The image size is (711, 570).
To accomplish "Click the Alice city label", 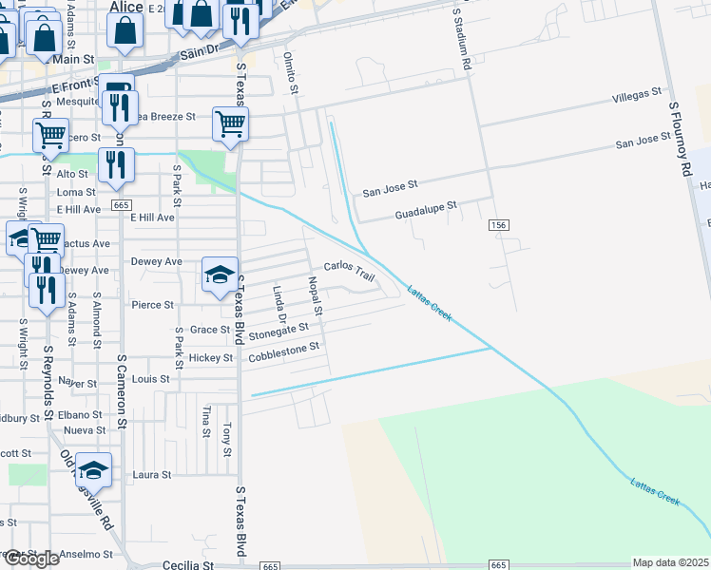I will [x=126, y=7].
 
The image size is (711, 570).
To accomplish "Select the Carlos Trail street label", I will [x=350, y=271].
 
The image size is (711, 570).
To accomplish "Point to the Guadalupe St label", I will [x=426, y=210].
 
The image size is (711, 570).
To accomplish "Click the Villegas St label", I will [x=636, y=96].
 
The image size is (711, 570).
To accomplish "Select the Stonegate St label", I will [x=279, y=332].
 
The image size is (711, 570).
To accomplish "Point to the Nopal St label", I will [x=316, y=296].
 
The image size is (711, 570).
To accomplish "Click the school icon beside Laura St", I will [x=93, y=469].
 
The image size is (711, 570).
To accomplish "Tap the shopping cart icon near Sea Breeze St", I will [x=230, y=123].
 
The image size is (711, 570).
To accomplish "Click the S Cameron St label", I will [x=122, y=389].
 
